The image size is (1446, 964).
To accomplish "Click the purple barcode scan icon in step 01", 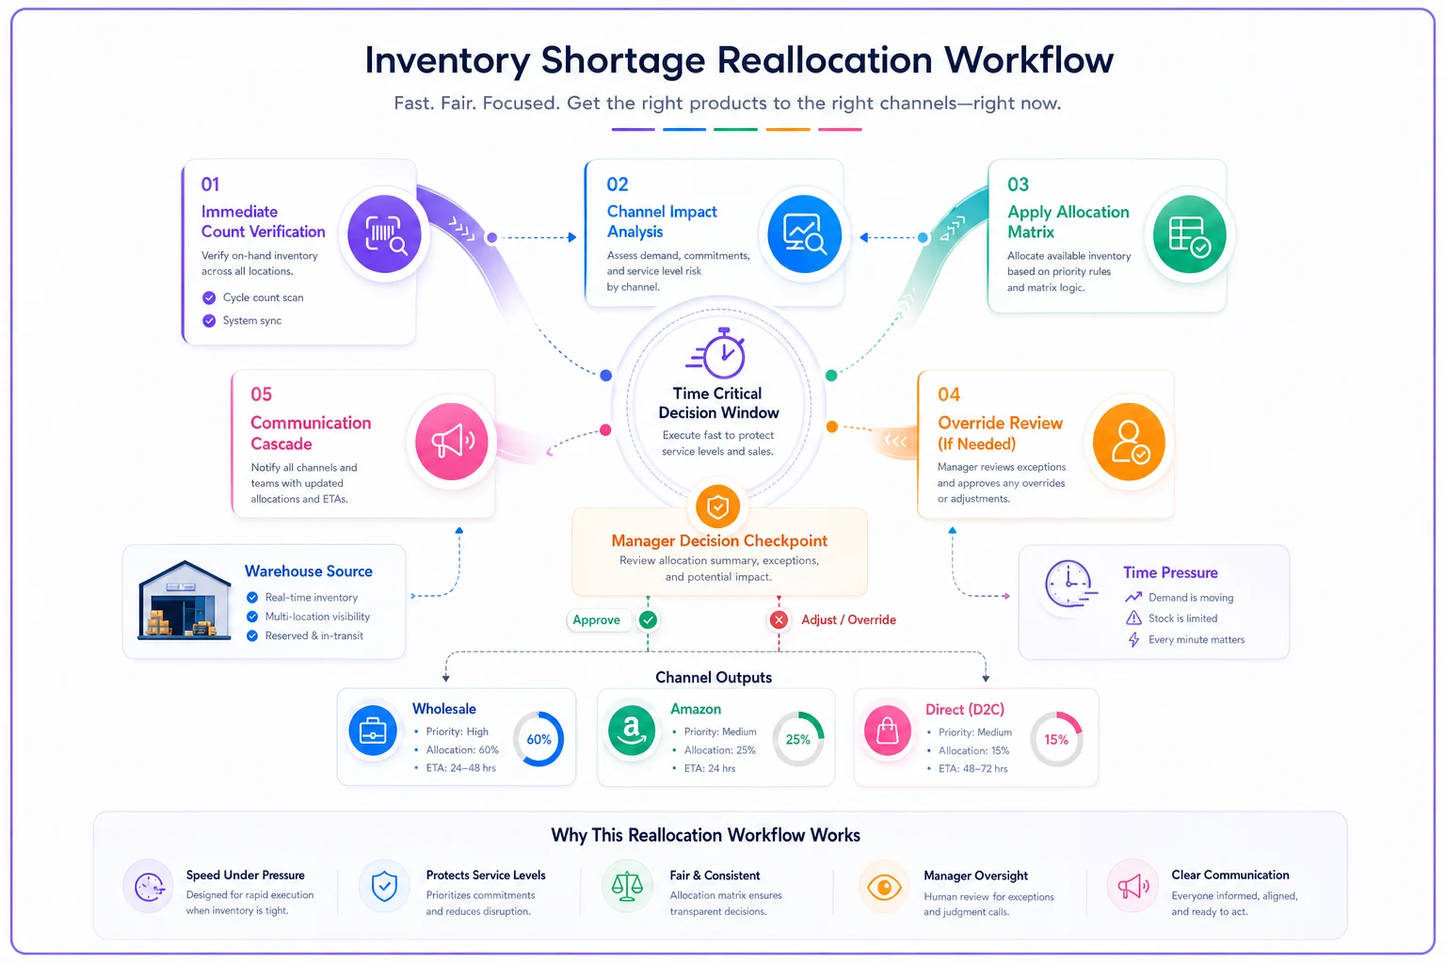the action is point(384,233).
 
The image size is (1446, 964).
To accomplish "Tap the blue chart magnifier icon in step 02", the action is point(804,233).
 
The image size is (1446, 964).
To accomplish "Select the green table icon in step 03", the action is point(1189,234).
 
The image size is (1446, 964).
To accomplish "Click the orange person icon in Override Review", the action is point(1129,442).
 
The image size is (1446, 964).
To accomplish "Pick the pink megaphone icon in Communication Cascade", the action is point(451,442).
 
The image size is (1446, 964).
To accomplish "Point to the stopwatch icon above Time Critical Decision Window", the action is point(717,353).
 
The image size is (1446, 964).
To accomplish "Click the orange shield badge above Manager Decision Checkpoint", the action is point(718,506).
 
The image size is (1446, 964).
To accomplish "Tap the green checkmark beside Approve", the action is point(648,619).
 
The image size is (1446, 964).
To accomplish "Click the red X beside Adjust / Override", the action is point(779,619).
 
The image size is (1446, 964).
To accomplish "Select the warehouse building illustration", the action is point(185,600).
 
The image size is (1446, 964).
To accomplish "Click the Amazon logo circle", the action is point(632,731).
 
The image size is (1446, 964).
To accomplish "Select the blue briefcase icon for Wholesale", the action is point(373,731).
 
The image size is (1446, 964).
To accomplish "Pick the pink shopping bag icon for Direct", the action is point(888,731).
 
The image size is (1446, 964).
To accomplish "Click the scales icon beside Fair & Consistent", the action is point(627,887).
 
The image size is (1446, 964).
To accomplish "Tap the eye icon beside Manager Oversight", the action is point(884,887).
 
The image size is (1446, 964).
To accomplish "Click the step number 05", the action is point(262,394).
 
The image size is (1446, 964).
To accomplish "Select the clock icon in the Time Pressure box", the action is point(1070,584).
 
